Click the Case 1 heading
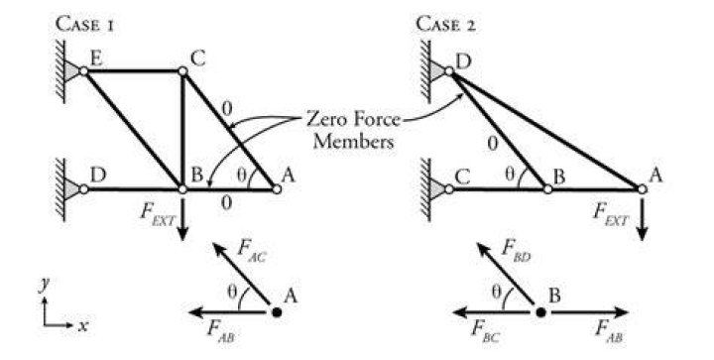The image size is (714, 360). [x=84, y=25]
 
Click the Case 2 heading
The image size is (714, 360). [x=446, y=25]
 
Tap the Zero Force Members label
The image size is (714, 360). [x=353, y=130]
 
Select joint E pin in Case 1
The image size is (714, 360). [x=83, y=71]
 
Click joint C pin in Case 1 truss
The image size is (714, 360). [x=182, y=71]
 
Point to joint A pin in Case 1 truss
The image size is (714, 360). [x=277, y=188]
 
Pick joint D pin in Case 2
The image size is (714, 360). [x=448, y=71]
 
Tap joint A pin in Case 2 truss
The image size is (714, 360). [x=642, y=188]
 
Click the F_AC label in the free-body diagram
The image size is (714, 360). [x=251, y=253]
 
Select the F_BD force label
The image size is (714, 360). [x=515, y=251]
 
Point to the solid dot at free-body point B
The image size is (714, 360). [x=540, y=312]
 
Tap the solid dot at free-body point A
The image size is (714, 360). [x=276, y=312]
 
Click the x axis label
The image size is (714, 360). [x=82, y=326]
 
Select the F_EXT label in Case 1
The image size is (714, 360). [x=157, y=215]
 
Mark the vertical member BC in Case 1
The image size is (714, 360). [x=182, y=130]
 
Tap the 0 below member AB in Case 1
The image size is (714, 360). [x=226, y=202]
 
